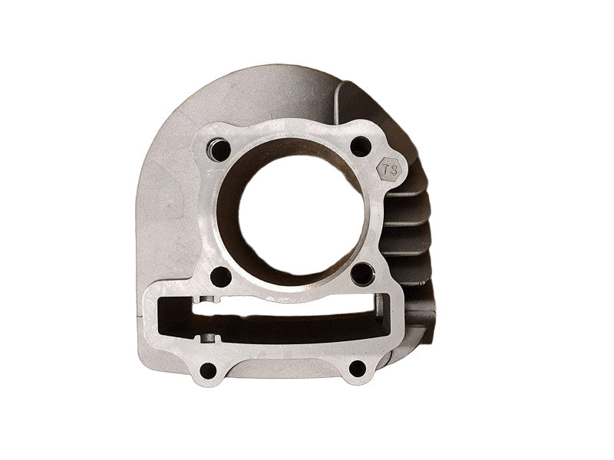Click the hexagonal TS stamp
click(x=389, y=169)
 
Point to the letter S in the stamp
click(x=393, y=170)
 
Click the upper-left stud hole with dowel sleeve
click(x=220, y=149)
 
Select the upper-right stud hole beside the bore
click(x=361, y=146)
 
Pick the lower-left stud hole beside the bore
click(x=221, y=277)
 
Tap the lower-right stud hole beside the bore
click(x=361, y=274)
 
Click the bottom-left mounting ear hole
click(x=208, y=370)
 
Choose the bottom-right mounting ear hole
click(x=357, y=369)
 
